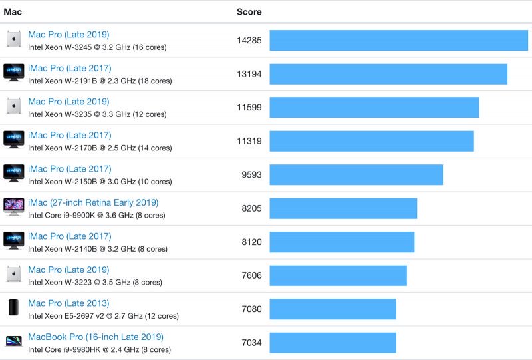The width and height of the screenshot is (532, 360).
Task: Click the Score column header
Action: click(249, 11)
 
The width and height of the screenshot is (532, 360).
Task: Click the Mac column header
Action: click(13, 11)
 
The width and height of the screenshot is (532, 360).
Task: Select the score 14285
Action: click(249, 40)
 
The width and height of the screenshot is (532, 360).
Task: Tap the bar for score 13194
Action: click(388, 74)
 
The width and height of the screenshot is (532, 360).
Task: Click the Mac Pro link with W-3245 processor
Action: click(68, 35)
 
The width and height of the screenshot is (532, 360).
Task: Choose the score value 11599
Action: click(249, 107)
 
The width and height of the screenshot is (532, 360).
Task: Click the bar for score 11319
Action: click(371, 141)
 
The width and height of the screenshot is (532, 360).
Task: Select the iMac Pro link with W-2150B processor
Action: click(69, 169)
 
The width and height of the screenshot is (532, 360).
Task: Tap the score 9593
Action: click(251, 174)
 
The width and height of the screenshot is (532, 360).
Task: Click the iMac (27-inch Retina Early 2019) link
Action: click(93, 202)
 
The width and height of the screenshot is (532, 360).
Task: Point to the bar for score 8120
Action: click(342, 242)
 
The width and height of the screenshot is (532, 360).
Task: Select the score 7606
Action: click(251, 275)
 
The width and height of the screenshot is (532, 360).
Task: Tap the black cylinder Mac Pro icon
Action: click(14, 308)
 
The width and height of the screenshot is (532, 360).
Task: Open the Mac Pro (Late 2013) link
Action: click(68, 303)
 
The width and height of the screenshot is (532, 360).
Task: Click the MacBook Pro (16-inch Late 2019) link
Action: click(95, 337)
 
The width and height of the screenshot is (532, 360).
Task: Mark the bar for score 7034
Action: click(332, 343)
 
